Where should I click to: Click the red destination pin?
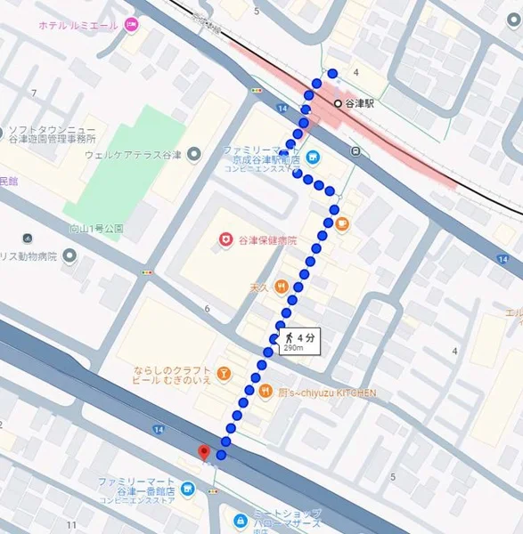[204, 452]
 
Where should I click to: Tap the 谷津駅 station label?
[361, 103]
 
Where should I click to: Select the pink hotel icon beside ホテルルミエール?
[132, 25]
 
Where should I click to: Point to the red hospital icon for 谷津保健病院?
[226, 240]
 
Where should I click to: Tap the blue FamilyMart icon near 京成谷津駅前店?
[312, 158]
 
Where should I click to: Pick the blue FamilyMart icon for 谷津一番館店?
[187, 489]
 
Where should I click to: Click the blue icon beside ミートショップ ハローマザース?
[240, 520]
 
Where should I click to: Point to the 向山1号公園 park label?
[96, 229]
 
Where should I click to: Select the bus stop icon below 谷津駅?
[355, 150]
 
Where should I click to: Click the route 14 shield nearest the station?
[282, 108]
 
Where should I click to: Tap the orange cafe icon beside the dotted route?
[342, 222]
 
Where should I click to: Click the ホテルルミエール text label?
[78, 25]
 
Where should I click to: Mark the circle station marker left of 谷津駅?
[338, 103]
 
